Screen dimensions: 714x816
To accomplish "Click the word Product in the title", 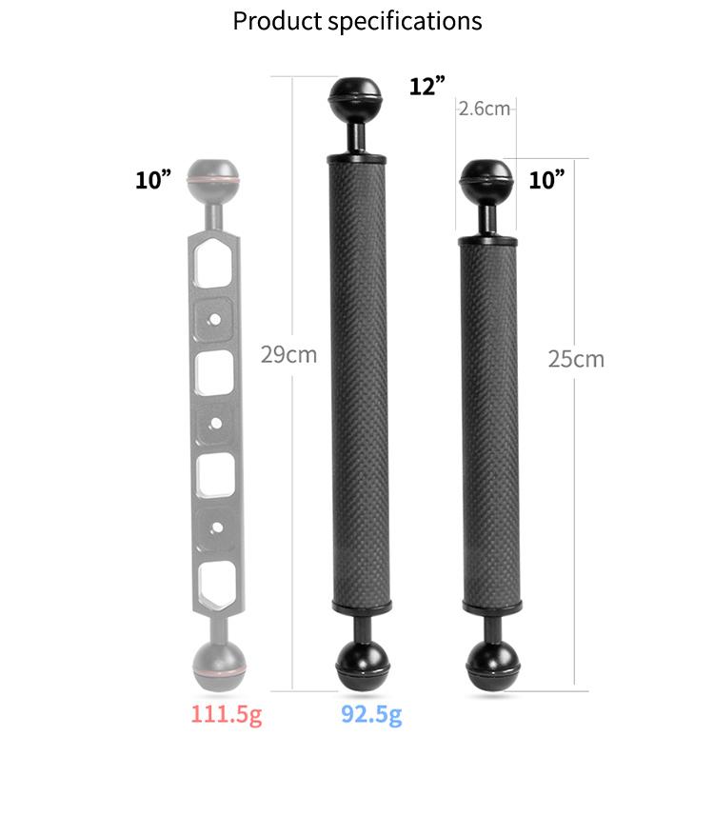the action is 277,22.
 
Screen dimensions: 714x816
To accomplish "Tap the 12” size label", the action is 427,86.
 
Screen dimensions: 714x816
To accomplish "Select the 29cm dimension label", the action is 288,355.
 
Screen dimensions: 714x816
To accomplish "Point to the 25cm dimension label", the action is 576,359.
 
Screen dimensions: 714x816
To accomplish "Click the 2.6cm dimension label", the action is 485,109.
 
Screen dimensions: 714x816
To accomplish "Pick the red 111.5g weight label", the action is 227,714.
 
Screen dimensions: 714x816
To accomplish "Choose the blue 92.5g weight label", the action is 371,714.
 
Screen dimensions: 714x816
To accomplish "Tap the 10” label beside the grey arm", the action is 153,180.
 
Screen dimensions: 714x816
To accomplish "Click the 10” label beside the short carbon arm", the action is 547,180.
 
